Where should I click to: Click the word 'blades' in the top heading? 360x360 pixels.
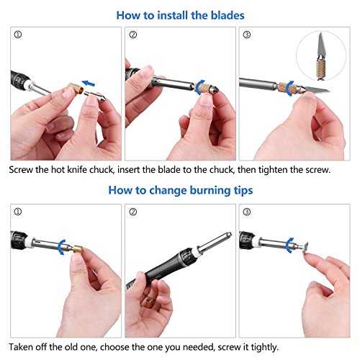(228, 15)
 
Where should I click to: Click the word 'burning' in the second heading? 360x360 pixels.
(210, 190)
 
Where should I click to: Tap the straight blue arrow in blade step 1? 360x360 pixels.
(89, 84)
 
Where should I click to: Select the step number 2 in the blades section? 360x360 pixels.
(133, 35)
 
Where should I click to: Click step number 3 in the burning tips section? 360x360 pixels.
(247, 212)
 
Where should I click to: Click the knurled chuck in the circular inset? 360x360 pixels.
(320, 68)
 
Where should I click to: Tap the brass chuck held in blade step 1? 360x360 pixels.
(76, 88)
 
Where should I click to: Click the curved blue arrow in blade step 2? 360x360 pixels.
(199, 87)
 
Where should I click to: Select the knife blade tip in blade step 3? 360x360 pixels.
(329, 91)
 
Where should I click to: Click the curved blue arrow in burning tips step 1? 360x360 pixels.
(61, 247)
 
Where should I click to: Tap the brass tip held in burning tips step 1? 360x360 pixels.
(77, 251)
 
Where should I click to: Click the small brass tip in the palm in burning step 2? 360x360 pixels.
(149, 303)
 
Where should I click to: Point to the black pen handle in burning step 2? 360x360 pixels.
(163, 269)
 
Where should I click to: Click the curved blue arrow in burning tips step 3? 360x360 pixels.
(290, 246)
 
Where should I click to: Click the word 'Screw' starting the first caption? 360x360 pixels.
(21, 170)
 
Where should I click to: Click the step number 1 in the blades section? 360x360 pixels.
(18, 35)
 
